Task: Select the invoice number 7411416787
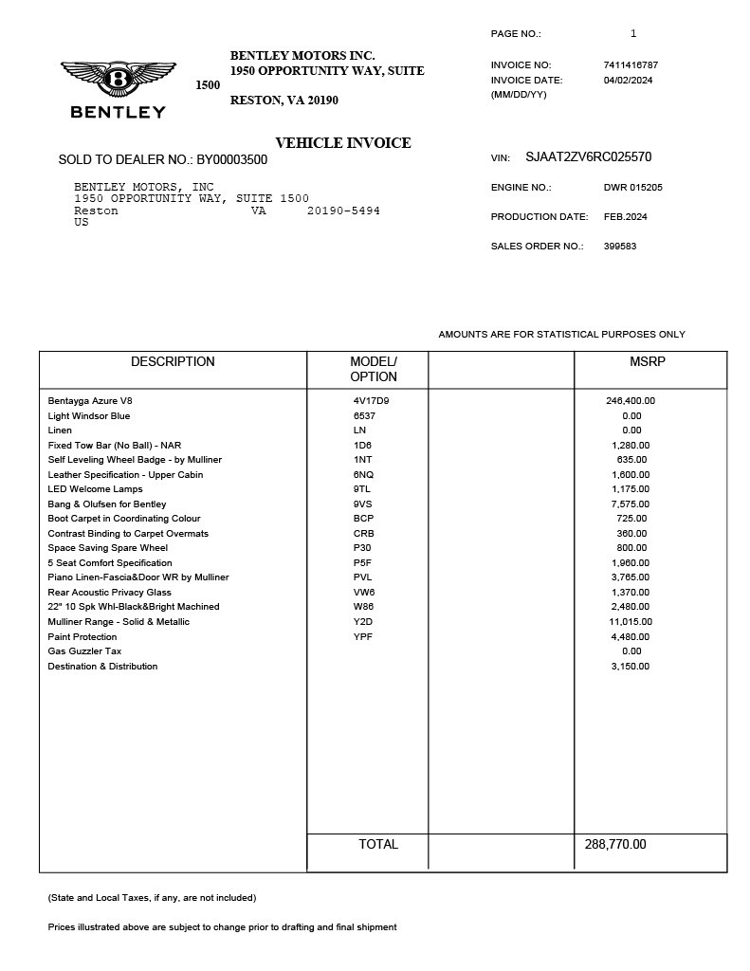click(631, 65)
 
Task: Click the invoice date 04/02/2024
click(628, 81)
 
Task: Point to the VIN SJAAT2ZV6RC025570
click(588, 157)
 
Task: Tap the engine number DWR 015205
click(632, 188)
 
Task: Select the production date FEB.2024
click(625, 217)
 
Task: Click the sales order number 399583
click(619, 247)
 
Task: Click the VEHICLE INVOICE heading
click(342, 143)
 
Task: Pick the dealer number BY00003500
click(231, 160)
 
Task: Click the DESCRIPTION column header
click(173, 362)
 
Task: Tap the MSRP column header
click(648, 362)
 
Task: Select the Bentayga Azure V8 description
click(91, 401)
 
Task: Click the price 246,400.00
click(630, 401)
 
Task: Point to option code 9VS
click(362, 504)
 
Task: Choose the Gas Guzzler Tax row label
click(84, 651)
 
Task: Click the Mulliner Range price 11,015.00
click(631, 622)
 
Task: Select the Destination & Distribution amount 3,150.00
click(630, 667)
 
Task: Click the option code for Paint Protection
click(362, 637)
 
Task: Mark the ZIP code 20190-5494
click(343, 211)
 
